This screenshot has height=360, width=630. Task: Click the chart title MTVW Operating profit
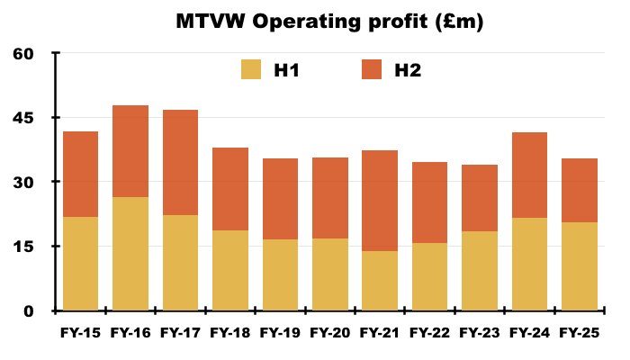[329, 22]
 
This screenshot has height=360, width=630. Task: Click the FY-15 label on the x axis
[80, 333]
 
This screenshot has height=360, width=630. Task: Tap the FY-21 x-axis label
[379, 333]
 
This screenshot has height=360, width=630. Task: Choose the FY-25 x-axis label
[579, 333]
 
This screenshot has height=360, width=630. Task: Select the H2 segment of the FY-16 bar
[130, 151]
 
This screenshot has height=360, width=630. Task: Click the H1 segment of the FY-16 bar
[130, 254]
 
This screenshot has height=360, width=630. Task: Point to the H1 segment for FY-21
[379, 281]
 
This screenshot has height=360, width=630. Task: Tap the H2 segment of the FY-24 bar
[529, 175]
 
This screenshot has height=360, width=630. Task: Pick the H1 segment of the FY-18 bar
[230, 270]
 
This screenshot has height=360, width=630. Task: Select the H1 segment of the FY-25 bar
[579, 266]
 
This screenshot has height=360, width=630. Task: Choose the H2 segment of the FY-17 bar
[180, 162]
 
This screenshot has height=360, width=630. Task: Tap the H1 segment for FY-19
[280, 274]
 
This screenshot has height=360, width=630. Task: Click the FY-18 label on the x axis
[230, 333]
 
